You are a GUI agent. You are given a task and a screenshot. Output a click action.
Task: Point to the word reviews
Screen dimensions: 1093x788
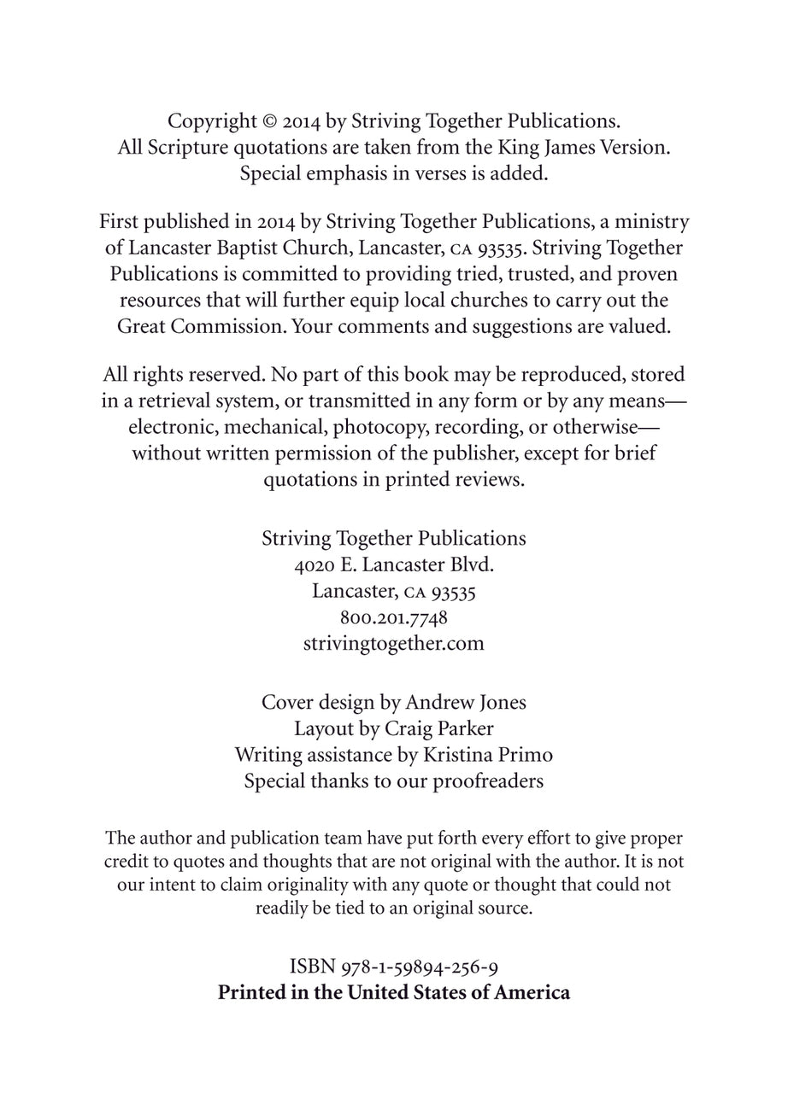tap(491, 479)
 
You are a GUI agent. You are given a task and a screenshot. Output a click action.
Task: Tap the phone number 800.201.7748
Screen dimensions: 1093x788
tap(394, 617)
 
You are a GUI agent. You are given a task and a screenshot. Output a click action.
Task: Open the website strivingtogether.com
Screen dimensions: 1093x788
tap(394, 643)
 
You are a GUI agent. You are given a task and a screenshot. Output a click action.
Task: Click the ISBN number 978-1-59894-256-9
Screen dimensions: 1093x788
tap(419, 967)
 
